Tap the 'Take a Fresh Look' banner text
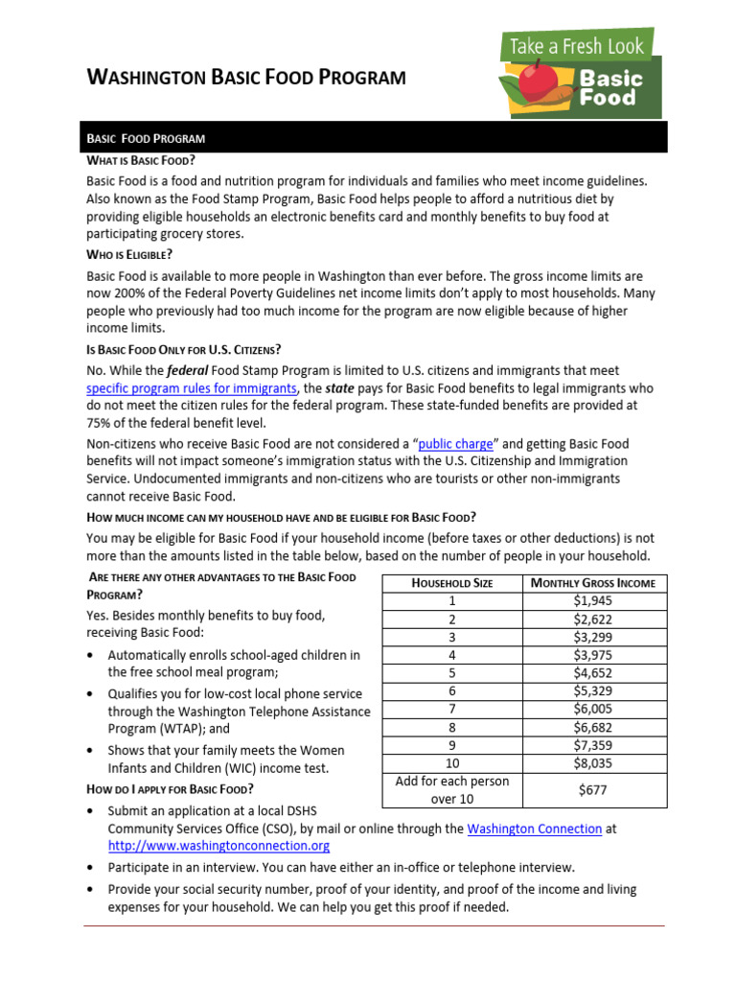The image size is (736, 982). tap(579, 44)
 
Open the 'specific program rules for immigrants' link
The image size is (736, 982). tap(192, 388)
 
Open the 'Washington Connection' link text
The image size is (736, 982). tap(534, 828)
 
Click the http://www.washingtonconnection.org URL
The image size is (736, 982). tap(218, 846)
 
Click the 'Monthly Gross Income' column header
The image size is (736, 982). tap(593, 583)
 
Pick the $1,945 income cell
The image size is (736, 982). tap(593, 601)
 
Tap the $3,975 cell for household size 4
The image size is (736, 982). tap(593, 655)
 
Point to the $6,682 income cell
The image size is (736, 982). tap(593, 728)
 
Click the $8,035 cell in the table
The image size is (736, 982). tap(593, 764)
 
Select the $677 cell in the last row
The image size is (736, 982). tap(593, 790)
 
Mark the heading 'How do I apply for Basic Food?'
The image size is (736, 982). tap(170, 789)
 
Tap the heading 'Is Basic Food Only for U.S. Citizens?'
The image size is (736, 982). tap(183, 348)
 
